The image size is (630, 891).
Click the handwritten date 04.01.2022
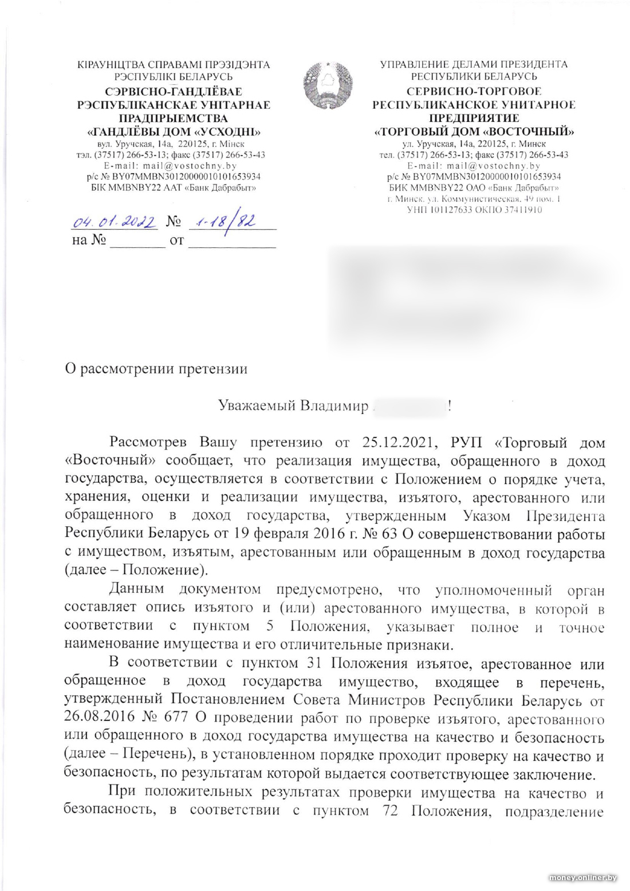click(113, 221)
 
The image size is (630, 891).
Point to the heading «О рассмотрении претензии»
click(156, 368)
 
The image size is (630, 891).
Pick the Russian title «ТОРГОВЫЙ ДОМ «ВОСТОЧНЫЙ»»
click(474, 131)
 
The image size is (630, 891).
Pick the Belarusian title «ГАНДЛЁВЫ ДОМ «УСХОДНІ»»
click(174, 131)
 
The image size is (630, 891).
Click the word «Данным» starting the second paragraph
click(136, 589)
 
